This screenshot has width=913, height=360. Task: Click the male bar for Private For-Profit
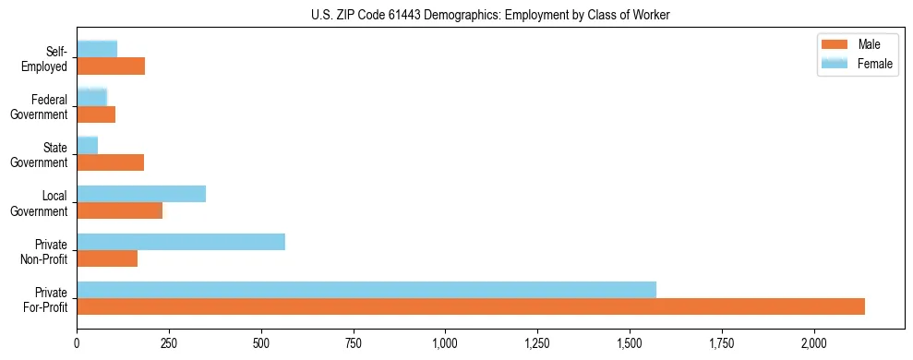(x=471, y=306)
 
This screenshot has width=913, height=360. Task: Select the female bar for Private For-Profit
(x=366, y=290)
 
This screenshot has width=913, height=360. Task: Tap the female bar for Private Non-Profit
(x=181, y=242)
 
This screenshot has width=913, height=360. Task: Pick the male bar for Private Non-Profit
(x=107, y=258)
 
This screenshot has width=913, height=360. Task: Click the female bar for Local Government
(x=141, y=194)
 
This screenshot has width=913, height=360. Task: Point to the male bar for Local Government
(x=119, y=210)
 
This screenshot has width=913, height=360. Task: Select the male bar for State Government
(x=110, y=162)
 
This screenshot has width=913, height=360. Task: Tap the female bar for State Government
(x=88, y=146)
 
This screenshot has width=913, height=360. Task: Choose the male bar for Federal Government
(x=96, y=114)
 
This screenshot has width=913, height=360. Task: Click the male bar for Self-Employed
(x=111, y=66)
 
